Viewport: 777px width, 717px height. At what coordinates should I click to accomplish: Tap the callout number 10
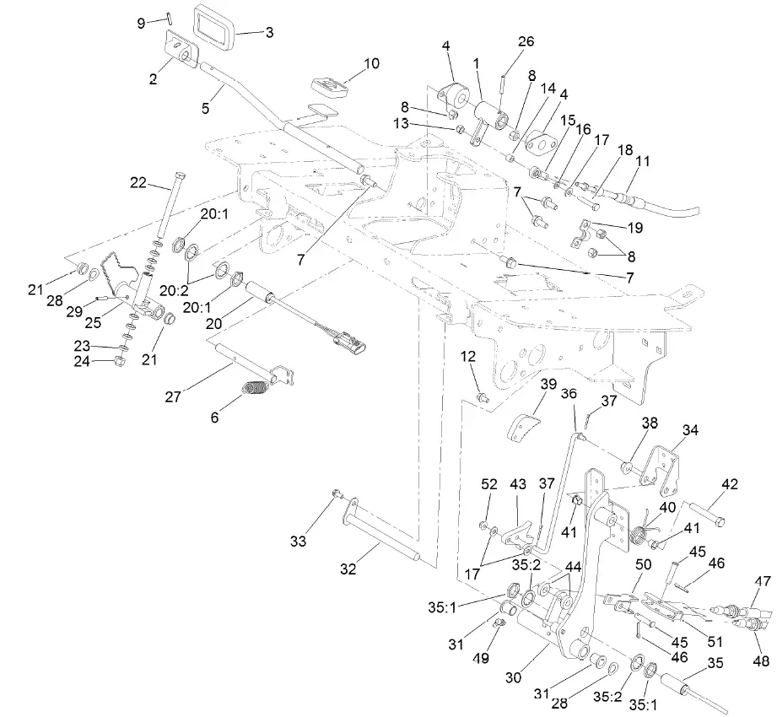(x=371, y=63)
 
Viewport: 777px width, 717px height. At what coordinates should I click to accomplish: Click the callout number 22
(x=138, y=181)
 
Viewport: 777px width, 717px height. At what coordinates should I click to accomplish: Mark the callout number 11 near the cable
(x=643, y=159)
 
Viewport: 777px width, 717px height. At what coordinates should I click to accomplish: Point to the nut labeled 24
(x=119, y=362)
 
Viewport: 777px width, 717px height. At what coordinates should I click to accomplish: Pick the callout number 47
(x=763, y=581)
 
